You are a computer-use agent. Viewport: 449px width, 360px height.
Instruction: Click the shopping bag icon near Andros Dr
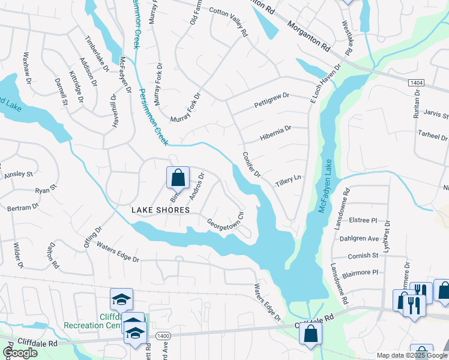[178, 178]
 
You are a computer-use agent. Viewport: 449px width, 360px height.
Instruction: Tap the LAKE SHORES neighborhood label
[160, 210]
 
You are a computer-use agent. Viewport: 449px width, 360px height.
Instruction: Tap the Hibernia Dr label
[276, 128]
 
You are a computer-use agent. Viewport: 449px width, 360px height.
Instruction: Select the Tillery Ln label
[288, 179]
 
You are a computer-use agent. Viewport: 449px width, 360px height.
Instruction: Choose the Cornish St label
[363, 256]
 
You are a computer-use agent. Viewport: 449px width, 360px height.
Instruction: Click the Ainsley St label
[19, 174]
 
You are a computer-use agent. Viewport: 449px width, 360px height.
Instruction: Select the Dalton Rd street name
[52, 256]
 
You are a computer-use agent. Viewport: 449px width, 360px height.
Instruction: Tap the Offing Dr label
[94, 236]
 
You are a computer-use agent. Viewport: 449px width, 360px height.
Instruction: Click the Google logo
[20, 353]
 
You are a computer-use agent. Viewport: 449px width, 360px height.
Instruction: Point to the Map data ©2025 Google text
[411, 355]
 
